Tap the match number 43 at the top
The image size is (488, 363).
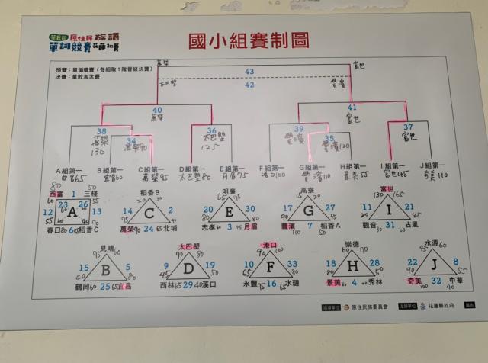[x=249, y=72]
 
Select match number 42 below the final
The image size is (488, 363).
[x=249, y=85]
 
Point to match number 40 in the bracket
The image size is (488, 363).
[x=156, y=110]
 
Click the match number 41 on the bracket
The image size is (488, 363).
[x=352, y=108]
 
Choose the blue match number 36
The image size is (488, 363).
[x=211, y=130]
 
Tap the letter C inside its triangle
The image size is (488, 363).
[x=151, y=214]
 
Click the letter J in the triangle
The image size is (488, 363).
[x=432, y=265]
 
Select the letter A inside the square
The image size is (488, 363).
[x=73, y=212]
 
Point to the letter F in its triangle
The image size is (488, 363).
[x=271, y=268]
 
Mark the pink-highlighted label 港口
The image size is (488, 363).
[x=269, y=245]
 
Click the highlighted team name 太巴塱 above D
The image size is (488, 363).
[x=188, y=247]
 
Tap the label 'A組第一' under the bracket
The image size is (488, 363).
[x=69, y=170]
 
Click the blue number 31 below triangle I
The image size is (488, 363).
[x=390, y=224]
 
